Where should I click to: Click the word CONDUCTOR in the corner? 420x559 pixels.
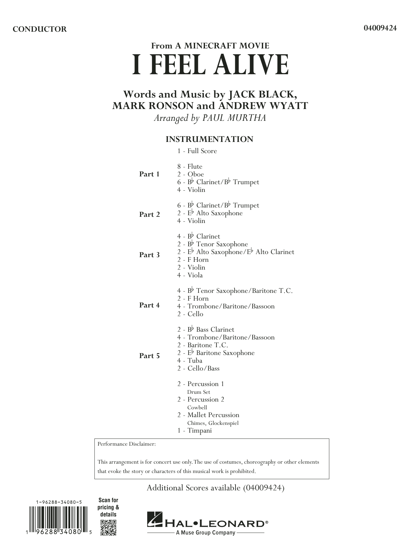point(40,29)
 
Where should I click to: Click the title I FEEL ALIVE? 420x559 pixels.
point(210,66)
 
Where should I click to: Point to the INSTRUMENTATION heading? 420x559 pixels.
point(209,139)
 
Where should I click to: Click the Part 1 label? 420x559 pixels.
point(149,174)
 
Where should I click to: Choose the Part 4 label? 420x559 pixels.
point(149,305)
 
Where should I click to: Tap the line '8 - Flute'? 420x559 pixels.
point(190,166)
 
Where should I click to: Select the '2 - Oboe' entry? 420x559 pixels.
point(191,174)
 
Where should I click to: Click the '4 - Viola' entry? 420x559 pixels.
point(190,275)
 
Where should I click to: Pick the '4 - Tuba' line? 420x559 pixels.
point(190,361)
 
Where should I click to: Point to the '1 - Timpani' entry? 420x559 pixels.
point(194,430)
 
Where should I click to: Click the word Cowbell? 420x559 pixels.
point(197,407)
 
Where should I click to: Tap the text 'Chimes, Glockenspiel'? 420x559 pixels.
point(213,423)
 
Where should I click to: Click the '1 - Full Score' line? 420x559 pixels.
point(197,151)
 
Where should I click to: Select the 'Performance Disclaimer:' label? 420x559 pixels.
point(126,444)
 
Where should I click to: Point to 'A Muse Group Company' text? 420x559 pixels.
point(206,533)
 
